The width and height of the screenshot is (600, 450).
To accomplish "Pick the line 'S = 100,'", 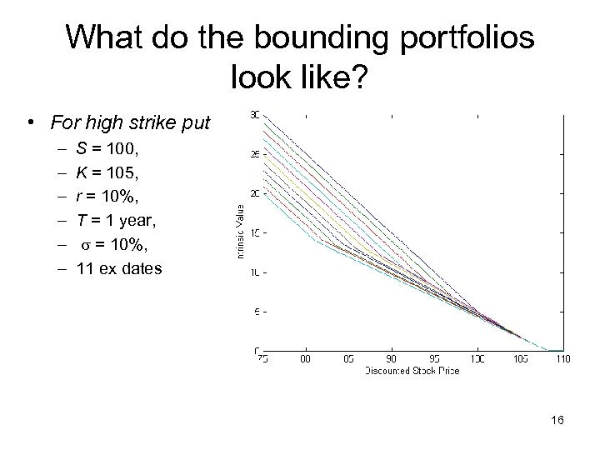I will (102, 150).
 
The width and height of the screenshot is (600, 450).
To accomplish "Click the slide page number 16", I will (557, 420).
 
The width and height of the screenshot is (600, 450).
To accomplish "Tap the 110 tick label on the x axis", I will (562, 358).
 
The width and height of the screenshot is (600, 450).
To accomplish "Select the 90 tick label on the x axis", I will (392, 358).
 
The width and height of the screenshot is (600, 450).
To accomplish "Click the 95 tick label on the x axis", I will (434, 358).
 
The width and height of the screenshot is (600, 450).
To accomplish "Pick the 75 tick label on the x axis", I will (262, 358).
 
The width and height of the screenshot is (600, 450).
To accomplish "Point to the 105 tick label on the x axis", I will (520, 358).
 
